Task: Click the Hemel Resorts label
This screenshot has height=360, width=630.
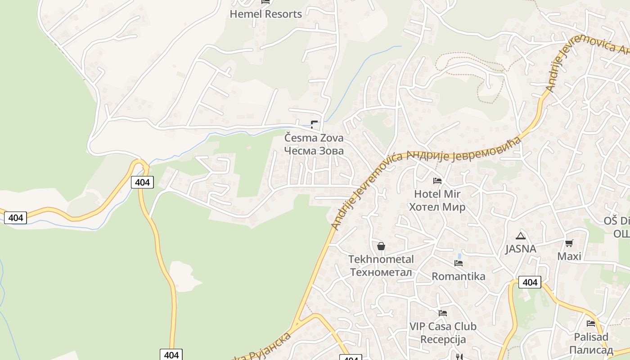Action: tap(265, 14)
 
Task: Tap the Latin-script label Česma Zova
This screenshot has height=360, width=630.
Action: tap(314, 138)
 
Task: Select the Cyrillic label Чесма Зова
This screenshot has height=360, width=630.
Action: tap(314, 151)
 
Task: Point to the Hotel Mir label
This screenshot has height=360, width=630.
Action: tap(437, 194)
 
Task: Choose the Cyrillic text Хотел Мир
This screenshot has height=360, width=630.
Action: tap(437, 207)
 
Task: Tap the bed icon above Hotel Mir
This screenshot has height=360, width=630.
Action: tap(437, 181)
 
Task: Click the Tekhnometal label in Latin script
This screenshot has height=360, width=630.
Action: tap(381, 259)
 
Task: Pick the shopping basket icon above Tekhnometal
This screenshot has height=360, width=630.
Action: tap(381, 246)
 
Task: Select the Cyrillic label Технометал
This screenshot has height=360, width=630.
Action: tap(381, 272)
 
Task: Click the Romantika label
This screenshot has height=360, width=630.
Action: tap(459, 276)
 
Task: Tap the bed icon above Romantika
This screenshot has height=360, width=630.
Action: tap(459, 263)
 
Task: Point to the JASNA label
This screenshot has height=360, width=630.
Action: tap(521, 249)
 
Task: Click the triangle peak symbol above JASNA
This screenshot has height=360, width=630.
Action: tap(521, 236)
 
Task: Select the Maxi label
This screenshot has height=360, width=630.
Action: tap(569, 256)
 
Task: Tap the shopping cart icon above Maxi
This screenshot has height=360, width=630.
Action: tap(569, 243)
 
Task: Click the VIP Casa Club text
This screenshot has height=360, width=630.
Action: tap(443, 326)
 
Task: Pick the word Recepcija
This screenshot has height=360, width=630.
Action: tap(443, 339)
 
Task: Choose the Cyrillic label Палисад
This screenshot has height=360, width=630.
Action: tap(591, 350)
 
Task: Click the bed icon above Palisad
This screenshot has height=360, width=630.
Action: tap(591, 323)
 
